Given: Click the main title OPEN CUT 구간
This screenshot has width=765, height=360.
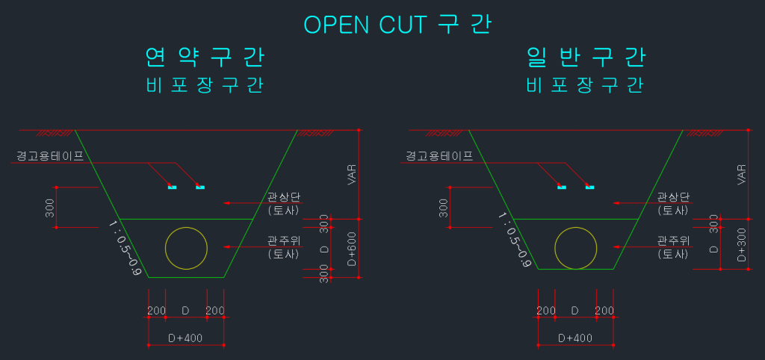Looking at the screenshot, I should coord(397,24).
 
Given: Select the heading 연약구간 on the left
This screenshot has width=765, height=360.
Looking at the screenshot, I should coord(205,58).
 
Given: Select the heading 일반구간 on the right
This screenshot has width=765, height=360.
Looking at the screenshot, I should coord(586,58).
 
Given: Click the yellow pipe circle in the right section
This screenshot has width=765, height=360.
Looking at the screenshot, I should coord(576,246).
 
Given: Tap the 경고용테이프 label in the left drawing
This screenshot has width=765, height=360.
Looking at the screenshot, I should coord(50,156).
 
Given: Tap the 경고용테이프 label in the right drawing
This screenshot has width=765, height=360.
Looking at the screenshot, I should coord(439,156).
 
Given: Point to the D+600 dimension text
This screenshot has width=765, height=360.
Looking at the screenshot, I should coord(352,249).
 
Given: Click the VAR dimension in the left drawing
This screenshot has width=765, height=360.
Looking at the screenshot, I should coord(352,175).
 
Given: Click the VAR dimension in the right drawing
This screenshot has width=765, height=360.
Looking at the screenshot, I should coord(741,175).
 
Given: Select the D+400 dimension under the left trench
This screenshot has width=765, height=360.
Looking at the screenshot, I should coord(185,338).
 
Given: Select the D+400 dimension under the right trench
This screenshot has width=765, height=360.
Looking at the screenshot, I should coord(575,338).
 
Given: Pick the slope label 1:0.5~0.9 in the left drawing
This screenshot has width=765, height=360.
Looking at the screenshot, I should coord(125,247).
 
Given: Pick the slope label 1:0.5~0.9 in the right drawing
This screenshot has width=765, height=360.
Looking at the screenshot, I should coord(515,240).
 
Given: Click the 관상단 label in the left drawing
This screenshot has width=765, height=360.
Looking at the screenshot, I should coord(283,197).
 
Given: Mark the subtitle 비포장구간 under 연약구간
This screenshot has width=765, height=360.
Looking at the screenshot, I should coord(205,85).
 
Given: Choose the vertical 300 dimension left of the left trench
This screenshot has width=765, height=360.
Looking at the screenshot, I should coord(50,208).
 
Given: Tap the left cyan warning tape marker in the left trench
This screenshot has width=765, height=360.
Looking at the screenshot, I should coord(172,187).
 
